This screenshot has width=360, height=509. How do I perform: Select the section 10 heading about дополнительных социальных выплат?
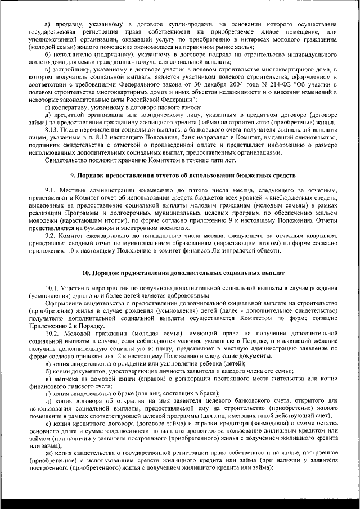[x=179, y=273]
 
